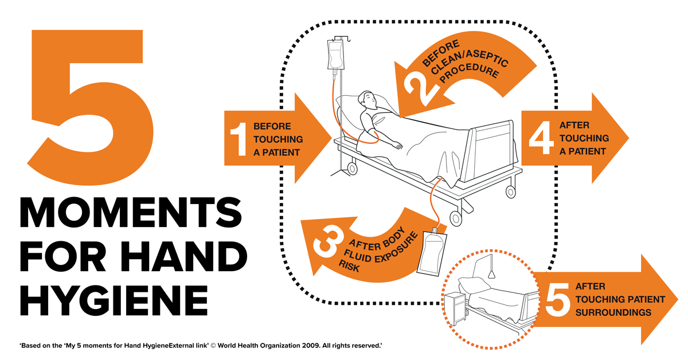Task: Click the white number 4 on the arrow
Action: point(541,138)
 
